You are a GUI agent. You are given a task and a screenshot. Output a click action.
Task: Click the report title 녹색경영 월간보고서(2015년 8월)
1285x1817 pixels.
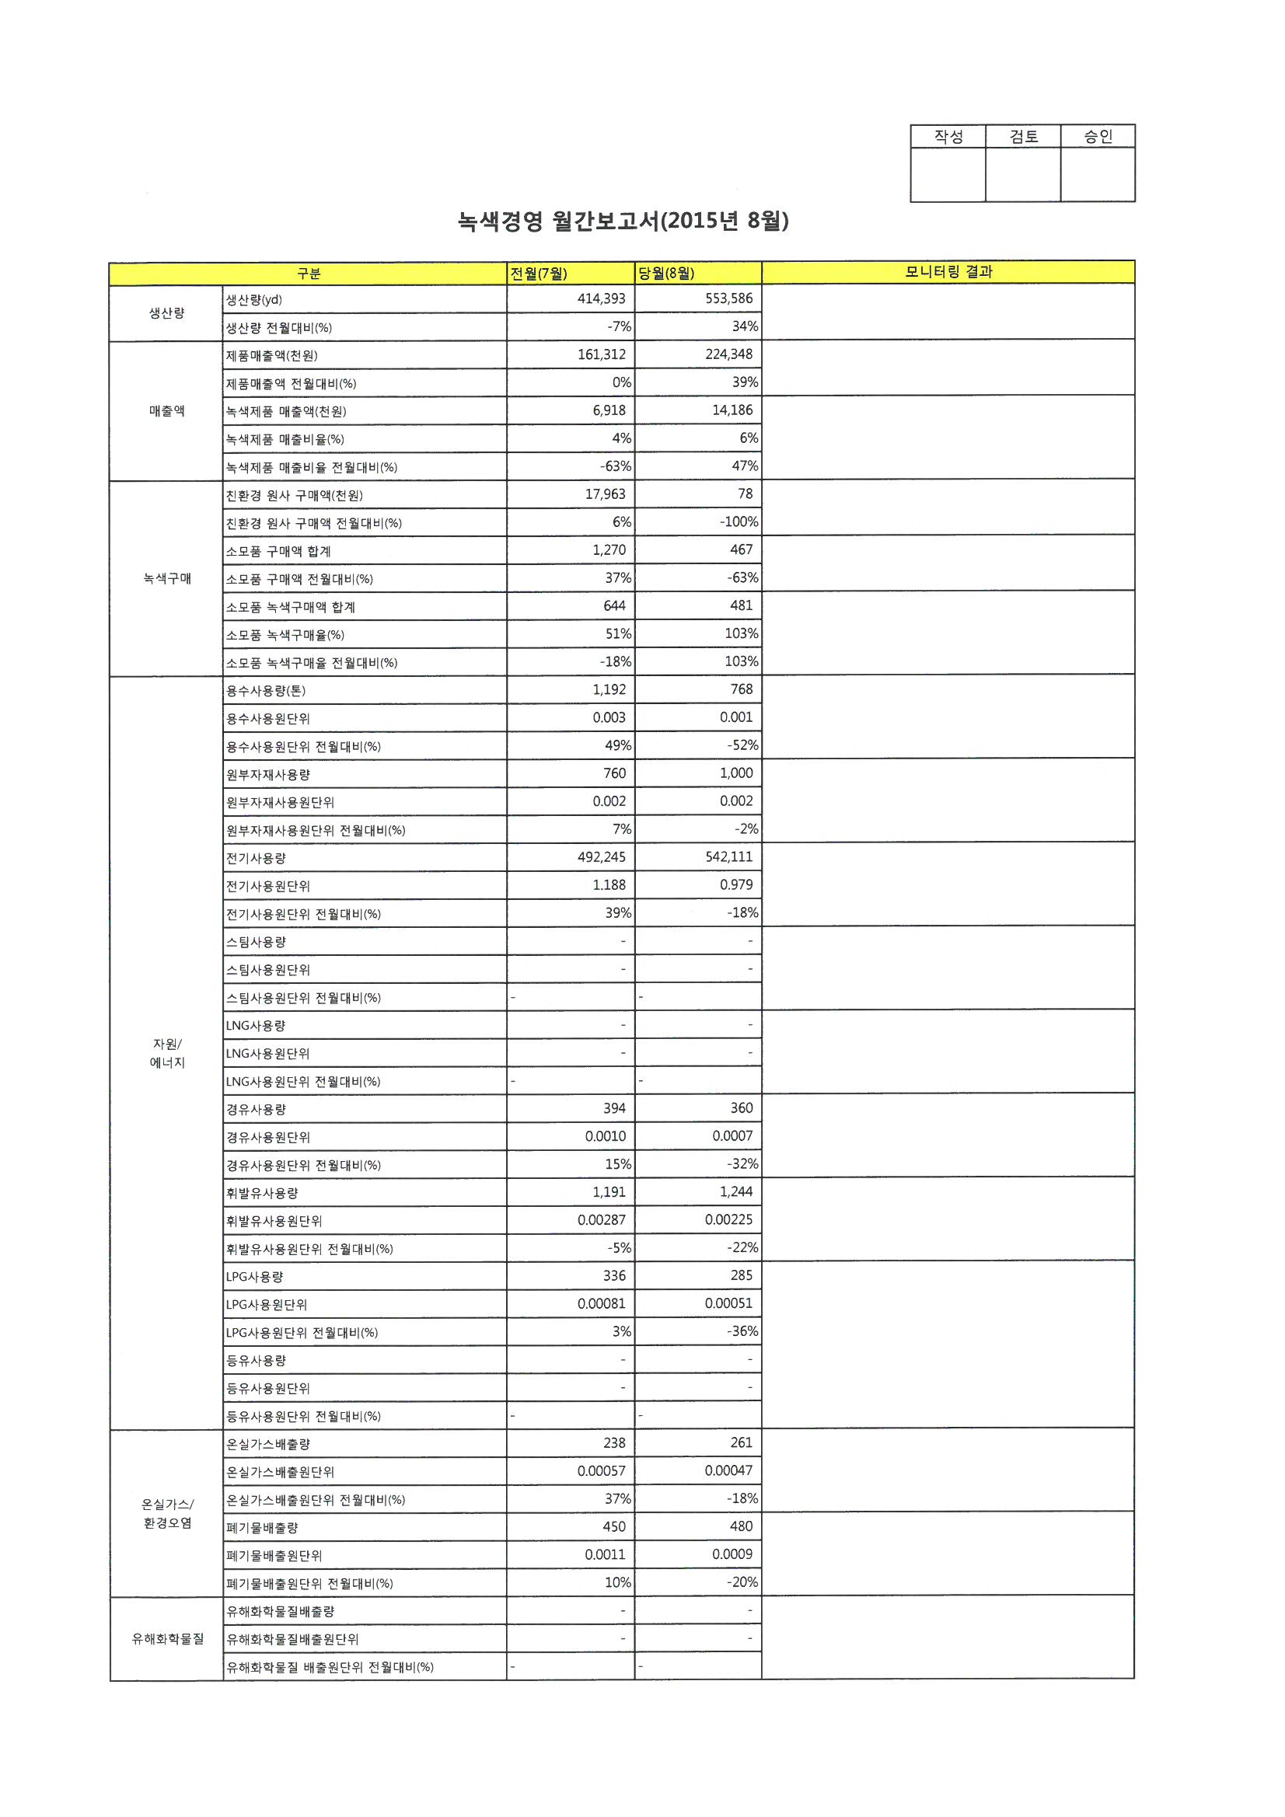pos(623,221)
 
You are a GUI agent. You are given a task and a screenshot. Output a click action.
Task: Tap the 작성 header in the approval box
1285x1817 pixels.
pos(948,136)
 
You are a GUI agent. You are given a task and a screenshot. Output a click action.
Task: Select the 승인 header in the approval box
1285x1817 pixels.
pos(1098,136)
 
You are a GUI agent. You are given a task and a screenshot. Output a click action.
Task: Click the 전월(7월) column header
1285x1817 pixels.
pos(539,274)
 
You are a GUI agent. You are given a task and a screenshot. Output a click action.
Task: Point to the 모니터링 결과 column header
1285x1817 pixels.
pos(948,272)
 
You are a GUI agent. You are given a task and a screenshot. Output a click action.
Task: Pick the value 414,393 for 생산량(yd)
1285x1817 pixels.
pos(601,298)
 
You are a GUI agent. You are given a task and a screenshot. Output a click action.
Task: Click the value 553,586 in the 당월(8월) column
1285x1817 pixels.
pos(728,298)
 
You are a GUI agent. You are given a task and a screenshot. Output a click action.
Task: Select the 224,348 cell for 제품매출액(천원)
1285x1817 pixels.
pos(728,354)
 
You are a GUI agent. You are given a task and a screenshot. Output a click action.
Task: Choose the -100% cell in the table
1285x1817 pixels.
pos(739,521)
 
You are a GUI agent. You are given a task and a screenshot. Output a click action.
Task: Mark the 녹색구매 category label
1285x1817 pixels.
pos(167,578)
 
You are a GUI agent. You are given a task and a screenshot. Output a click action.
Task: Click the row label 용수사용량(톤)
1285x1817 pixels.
pos(265,691)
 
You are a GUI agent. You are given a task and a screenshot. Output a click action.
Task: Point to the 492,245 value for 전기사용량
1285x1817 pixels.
pos(601,857)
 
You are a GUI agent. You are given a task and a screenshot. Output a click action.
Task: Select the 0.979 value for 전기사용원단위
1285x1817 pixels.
pos(735,884)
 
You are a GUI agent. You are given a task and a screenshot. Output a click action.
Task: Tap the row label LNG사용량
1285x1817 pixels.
pos(256,1026)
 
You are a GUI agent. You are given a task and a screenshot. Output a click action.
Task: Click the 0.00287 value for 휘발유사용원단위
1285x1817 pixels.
pos(601,1219)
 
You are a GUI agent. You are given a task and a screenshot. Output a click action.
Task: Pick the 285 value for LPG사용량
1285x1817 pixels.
pos(741,1275)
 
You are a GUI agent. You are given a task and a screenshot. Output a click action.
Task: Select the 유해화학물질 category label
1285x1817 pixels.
pos(167,1639)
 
